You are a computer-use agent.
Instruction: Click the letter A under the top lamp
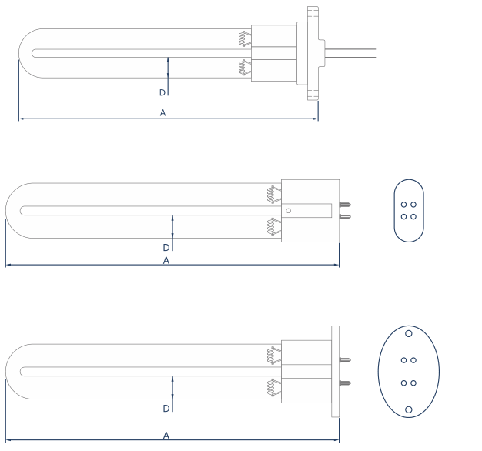tap(162, 112)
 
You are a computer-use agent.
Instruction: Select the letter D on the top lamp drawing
tap(162, 92)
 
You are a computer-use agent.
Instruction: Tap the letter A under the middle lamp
tap(166, 261)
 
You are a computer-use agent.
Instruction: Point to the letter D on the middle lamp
tap(166, 248)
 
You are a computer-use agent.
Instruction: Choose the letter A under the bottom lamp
tap(166, 436)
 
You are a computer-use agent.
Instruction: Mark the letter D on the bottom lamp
tap(166, 408)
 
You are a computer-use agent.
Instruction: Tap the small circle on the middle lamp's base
tap(288, 210)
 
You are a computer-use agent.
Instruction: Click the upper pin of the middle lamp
tap(346, 205)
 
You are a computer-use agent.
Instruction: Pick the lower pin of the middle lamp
tap(346, 216)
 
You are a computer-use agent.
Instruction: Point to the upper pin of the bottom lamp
tap(346, 359)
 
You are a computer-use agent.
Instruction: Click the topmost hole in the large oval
tap(409, 333)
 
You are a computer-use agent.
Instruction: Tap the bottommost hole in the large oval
tap(409, 409)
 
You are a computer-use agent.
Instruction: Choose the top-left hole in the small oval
tap(403, 205)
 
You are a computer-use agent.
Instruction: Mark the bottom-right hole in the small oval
tap(413, 216)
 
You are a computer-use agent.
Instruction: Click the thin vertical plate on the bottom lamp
tap(335, 371)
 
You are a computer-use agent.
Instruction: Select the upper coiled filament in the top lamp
tap(244, 38)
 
